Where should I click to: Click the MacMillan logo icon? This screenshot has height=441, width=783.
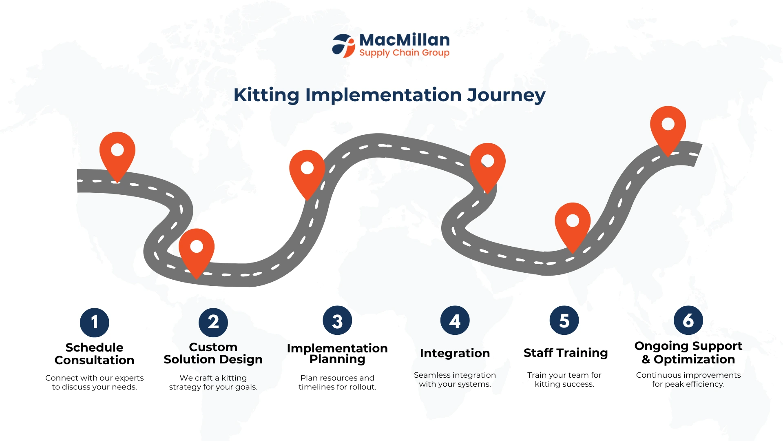tap(343, 46)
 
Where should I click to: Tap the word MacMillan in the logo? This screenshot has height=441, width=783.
tap(405, 40)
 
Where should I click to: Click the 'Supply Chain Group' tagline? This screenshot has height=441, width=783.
tap(404, 53)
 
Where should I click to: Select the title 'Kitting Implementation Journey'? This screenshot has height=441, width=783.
tap(389, 95)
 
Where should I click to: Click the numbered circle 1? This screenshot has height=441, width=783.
tap(95, 323)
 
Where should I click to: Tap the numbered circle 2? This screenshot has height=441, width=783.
tap(213, 323)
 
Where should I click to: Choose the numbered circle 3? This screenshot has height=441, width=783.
tap(337, 321)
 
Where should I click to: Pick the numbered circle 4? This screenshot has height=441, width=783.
tap(455, 321)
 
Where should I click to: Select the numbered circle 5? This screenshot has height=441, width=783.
tap(564, 321)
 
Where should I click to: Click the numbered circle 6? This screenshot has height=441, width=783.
tap(688, 321)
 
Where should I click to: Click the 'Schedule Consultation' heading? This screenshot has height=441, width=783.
tap(95, 354)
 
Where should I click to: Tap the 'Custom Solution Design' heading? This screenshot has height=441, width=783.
tap(213, 353)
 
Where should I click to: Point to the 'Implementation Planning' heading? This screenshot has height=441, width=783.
tap(337, 354)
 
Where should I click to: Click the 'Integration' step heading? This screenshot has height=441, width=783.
tap(455, 353)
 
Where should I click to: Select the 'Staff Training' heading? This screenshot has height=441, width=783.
tap(566, 353)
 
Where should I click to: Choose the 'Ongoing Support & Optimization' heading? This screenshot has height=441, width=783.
tap(688, 353)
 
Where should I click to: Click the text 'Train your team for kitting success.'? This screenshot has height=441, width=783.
tap(564, 380)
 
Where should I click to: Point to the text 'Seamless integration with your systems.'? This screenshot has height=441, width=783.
tap(455, 380)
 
